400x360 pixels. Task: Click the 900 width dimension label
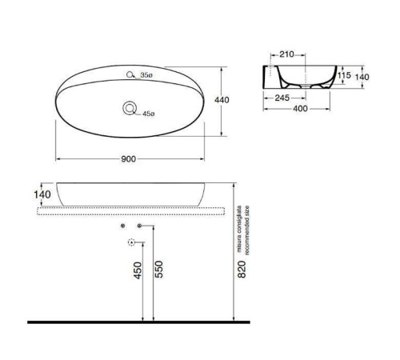click(127, 158)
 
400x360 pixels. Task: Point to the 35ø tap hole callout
click(146, 75)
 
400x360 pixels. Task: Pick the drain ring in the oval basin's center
click(129, 108)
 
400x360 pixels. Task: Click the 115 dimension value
click(345, 75)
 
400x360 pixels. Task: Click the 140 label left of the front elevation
click(42, 194)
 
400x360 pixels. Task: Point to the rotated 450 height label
click(138, 272)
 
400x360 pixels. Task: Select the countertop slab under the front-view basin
click(128, 208)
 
